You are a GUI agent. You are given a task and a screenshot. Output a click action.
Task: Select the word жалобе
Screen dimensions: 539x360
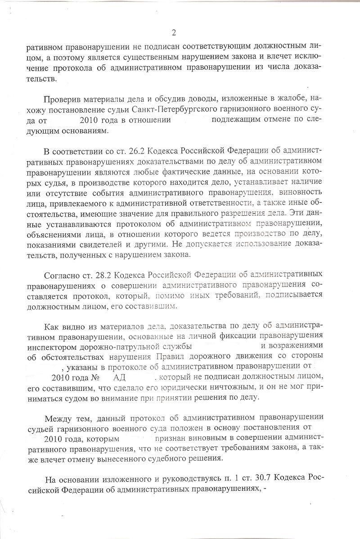[x=278, y=99]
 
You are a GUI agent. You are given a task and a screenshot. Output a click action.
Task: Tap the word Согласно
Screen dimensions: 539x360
[x=61, y=275]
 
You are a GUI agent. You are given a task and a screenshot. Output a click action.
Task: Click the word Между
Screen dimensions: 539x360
[x=59, y=417]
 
